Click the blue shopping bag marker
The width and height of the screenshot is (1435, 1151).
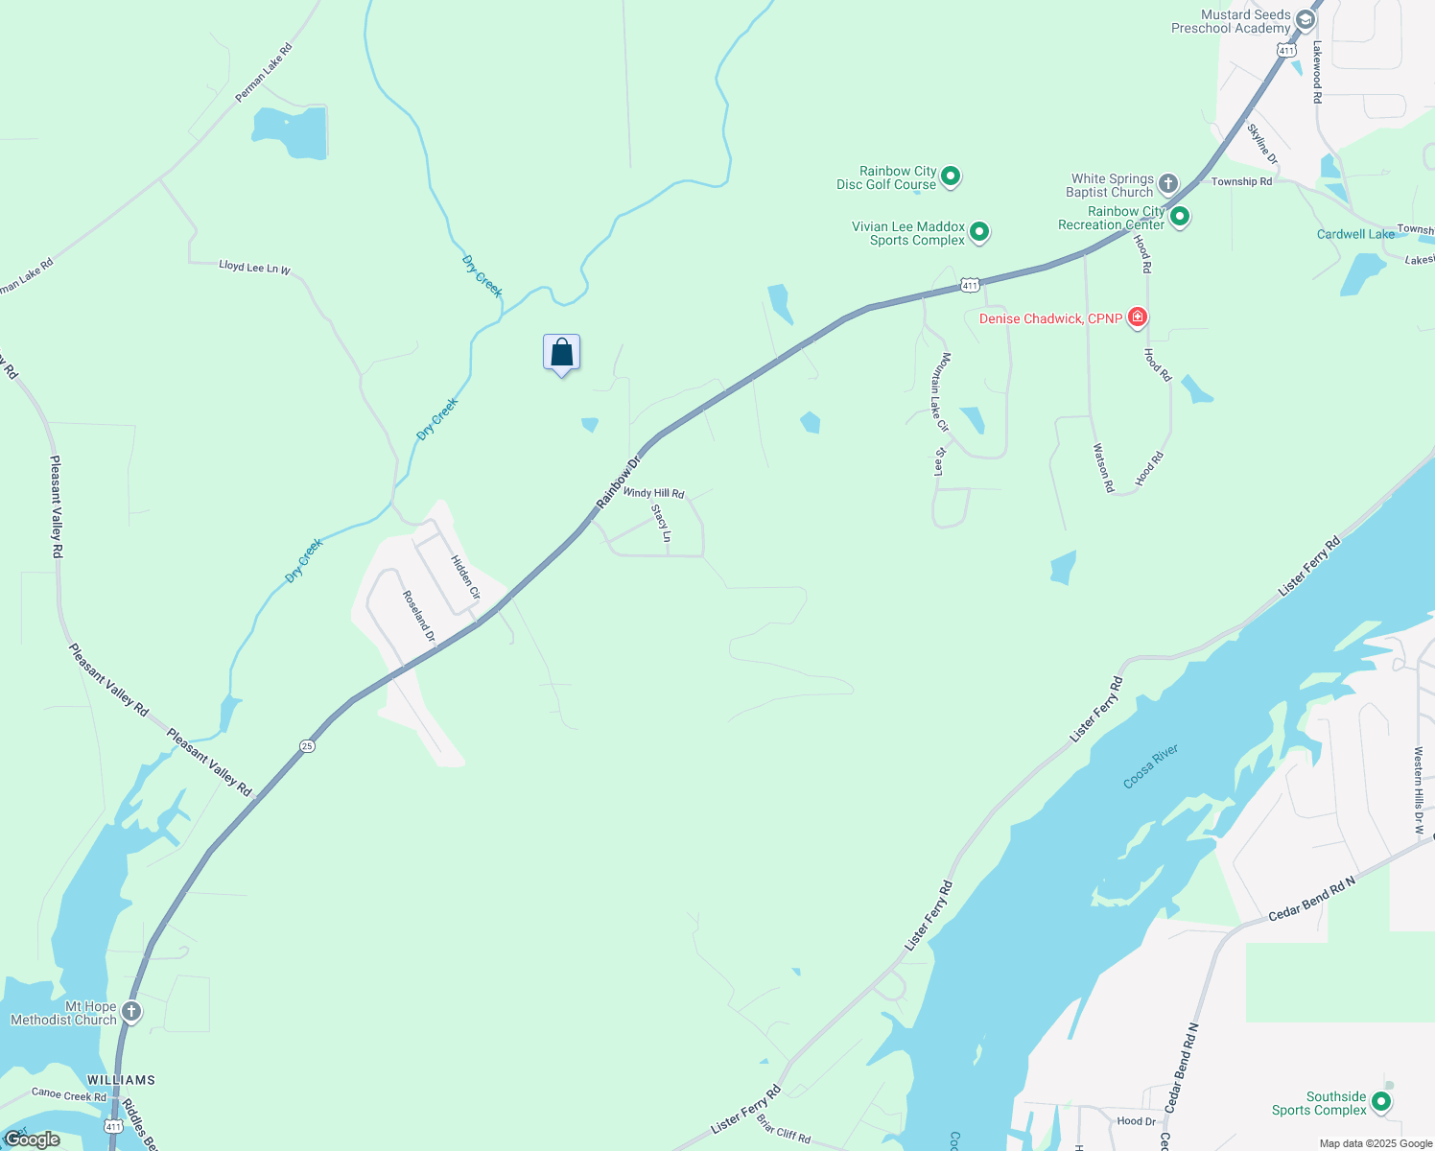click(x=561, y=352)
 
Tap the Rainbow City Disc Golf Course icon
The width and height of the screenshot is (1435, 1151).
click(x=951, y=176)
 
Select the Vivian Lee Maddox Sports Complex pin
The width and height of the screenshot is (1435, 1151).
click(x=979, y=231)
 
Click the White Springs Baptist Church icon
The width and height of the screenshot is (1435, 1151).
click(x=1167, y=183)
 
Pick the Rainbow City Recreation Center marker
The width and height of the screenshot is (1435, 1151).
click(x=1180, y=216)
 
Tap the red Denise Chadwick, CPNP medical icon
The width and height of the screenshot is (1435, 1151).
click(x=1138, y=317)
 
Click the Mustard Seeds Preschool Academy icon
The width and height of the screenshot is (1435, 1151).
click(x=1305, y=19)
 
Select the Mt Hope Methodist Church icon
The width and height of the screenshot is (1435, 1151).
click(x=131, y=1011)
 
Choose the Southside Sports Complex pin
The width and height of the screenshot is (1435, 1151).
click(x=1381, y=1101)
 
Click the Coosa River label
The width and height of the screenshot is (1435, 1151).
click(x=1150, y=766)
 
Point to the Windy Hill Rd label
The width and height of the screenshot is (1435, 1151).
click(x=653, y=493)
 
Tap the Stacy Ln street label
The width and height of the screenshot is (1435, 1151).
click(x=661, y=523)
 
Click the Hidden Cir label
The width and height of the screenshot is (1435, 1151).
click(x=465, y=577)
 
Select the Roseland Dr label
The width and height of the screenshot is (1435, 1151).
click(x=418, y=616)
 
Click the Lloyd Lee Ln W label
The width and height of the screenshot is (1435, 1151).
click(x=254, y=268)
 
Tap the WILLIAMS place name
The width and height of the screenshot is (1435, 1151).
click(x=121, y=1080)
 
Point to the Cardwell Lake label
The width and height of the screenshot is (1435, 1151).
click(x=1355, y=234)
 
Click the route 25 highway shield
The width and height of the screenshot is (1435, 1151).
click(x=306, y=745)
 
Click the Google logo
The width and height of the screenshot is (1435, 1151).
click(x=32, y=1139)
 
